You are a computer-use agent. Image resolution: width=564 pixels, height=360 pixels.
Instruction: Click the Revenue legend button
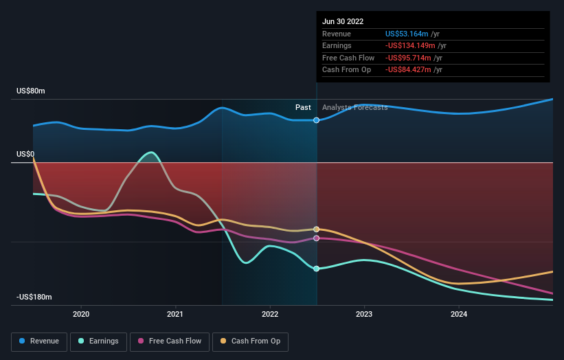pos(39,341)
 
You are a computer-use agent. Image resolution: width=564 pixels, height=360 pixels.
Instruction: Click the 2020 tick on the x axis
pos(81,314)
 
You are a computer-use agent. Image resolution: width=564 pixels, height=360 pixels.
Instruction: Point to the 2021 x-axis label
pos(175,314)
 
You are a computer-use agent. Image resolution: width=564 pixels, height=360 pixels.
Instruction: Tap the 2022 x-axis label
pos(270,314)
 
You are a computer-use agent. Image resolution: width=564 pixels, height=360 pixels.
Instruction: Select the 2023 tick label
pos(364,314)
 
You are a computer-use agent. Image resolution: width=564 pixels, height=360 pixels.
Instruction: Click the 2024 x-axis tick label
pos(459,314)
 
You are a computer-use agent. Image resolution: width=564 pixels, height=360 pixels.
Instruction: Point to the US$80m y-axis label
pos(30,91)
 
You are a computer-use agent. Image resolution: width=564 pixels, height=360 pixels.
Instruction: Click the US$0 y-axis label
pos(26,155)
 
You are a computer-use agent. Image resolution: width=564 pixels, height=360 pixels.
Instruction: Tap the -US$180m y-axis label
pos(34,297)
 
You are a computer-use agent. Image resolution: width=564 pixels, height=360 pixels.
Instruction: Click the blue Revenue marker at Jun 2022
pos(317,120)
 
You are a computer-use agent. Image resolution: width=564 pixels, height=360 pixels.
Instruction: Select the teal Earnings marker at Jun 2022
pos(317,269)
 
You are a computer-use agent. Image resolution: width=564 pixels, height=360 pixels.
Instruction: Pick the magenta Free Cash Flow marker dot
pos(317,238)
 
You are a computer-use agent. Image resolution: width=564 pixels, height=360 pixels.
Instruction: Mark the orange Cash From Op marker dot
pos(317,229)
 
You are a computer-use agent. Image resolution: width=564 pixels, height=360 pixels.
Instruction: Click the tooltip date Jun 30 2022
pos(343,21)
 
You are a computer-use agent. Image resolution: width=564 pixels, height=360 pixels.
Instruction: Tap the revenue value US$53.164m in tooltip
pos(407,34)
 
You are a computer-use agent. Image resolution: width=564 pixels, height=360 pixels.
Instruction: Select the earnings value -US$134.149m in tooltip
pos(411,46)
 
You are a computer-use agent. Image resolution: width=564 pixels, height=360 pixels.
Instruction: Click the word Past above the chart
pos(303,107)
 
